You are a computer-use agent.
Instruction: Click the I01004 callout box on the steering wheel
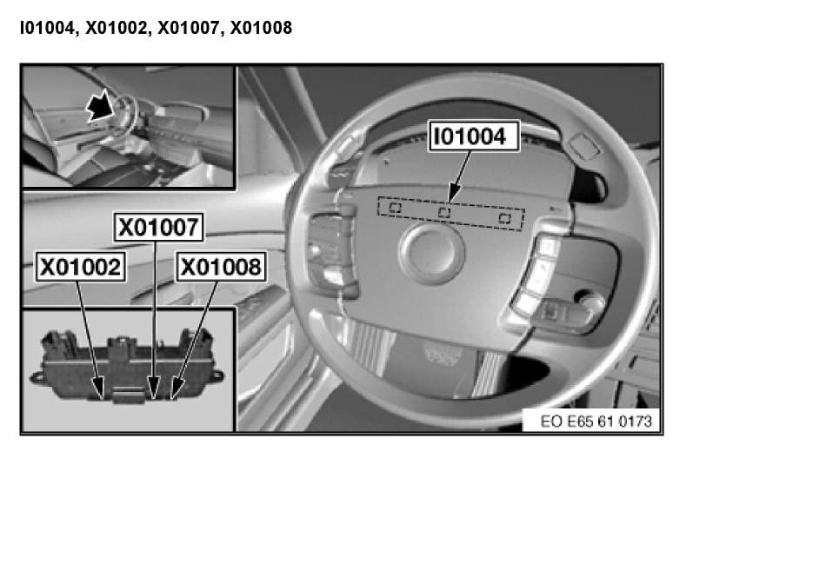coord(474,136)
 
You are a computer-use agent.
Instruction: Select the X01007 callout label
coord(158,227)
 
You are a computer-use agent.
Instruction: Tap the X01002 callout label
coord(80,267)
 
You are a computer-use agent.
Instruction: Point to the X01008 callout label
coord(222,267)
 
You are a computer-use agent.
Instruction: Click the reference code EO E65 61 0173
coord(596,422)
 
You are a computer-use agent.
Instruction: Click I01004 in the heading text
coord(47,28)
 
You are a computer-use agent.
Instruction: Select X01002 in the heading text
coord(117,28)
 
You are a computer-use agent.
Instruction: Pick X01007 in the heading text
coord(189,28)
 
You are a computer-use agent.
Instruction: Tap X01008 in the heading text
coord(261,28)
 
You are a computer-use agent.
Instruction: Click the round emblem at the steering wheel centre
coord(431,252)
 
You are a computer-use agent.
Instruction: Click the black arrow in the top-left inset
coord(101,105)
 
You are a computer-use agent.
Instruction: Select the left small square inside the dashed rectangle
coord(395,208)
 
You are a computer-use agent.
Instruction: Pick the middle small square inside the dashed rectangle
coord(444,212)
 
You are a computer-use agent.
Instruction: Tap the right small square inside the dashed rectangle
coord(504,217)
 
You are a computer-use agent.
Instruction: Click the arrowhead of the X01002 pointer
coord(98,388)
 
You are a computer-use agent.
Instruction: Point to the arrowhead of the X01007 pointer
coord(154,388)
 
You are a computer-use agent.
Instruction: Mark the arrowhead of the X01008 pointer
coord(177,389)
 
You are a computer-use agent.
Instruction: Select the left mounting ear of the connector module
coord(37,376)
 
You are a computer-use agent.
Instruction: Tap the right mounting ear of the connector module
coord(217,375)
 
